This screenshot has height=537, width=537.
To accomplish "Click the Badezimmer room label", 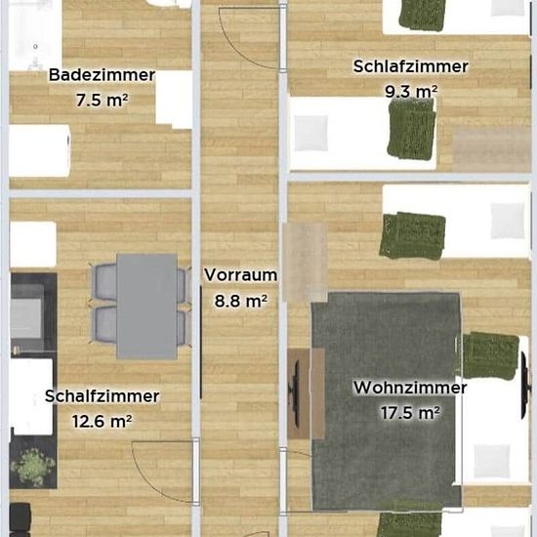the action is pyautogui.click(x=103, y=75).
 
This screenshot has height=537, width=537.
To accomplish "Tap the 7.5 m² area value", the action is pyautogui.click(x=103, y=100).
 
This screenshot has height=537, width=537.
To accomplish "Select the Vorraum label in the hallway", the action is pyautogui.click(x=241, y=275).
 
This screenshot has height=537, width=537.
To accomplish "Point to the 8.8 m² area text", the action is pyautogui.click(x=241, y=301).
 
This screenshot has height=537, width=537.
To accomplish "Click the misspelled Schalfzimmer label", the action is pyautogui.click(x=103, y=396).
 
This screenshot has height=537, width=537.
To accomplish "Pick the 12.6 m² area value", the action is pyautogui.click(x=103, y=421).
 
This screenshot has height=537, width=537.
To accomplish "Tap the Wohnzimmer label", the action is pyautogui.click(x=410, y=388).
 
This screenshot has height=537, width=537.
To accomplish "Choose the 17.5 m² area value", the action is pyautogui.click(x=410, y=413).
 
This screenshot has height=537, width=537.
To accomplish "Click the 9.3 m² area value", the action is pyautogui.click(x=411, y=91).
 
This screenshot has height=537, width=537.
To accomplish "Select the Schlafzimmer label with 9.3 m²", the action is pyautogui.click(x=411, y=66).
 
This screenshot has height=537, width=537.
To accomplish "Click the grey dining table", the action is pyautogui.click(x=146, y=307).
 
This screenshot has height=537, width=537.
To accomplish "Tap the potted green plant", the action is pyautogui.click(x=32, y=468).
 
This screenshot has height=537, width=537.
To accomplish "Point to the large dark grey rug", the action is pyautogui.click(x=387, y=400).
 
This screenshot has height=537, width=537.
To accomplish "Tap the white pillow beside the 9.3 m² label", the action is pyautogui.click(x=310, y=133).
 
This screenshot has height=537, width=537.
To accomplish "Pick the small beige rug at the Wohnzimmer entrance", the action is pyautogui.click(x=305, y=262).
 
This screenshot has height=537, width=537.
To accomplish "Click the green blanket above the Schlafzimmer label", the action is pyautogui.click(x=422, y=15).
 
